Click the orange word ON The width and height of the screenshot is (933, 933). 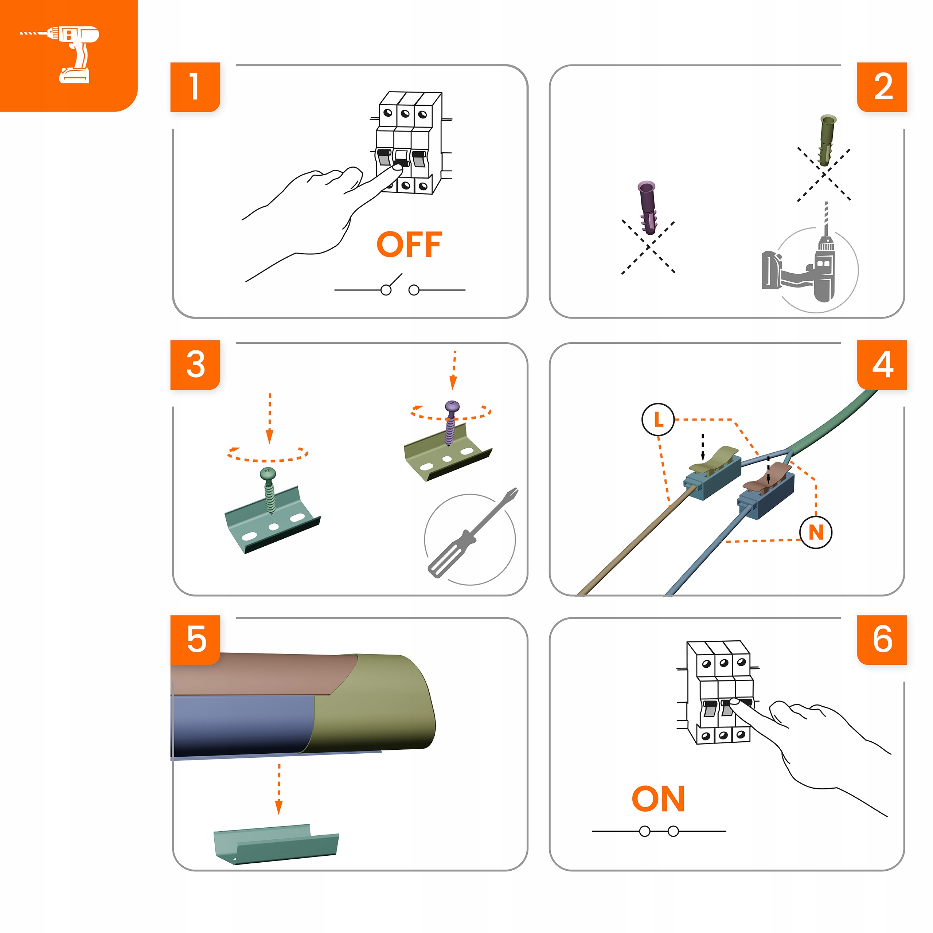[x=658, y=799]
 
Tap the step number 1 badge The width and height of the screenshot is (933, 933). [x=195, y=87]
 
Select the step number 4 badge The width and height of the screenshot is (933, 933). [x=882, y=364]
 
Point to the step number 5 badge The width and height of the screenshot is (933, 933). [x=195, y=640]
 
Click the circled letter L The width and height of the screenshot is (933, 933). [x=658, y=419]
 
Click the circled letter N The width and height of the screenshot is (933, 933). [x=816, y=532]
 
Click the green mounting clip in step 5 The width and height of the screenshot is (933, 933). [x=276, y=844]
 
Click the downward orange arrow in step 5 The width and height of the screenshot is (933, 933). [x=279, y=789]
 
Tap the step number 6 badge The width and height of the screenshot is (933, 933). [x=882, y=640]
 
